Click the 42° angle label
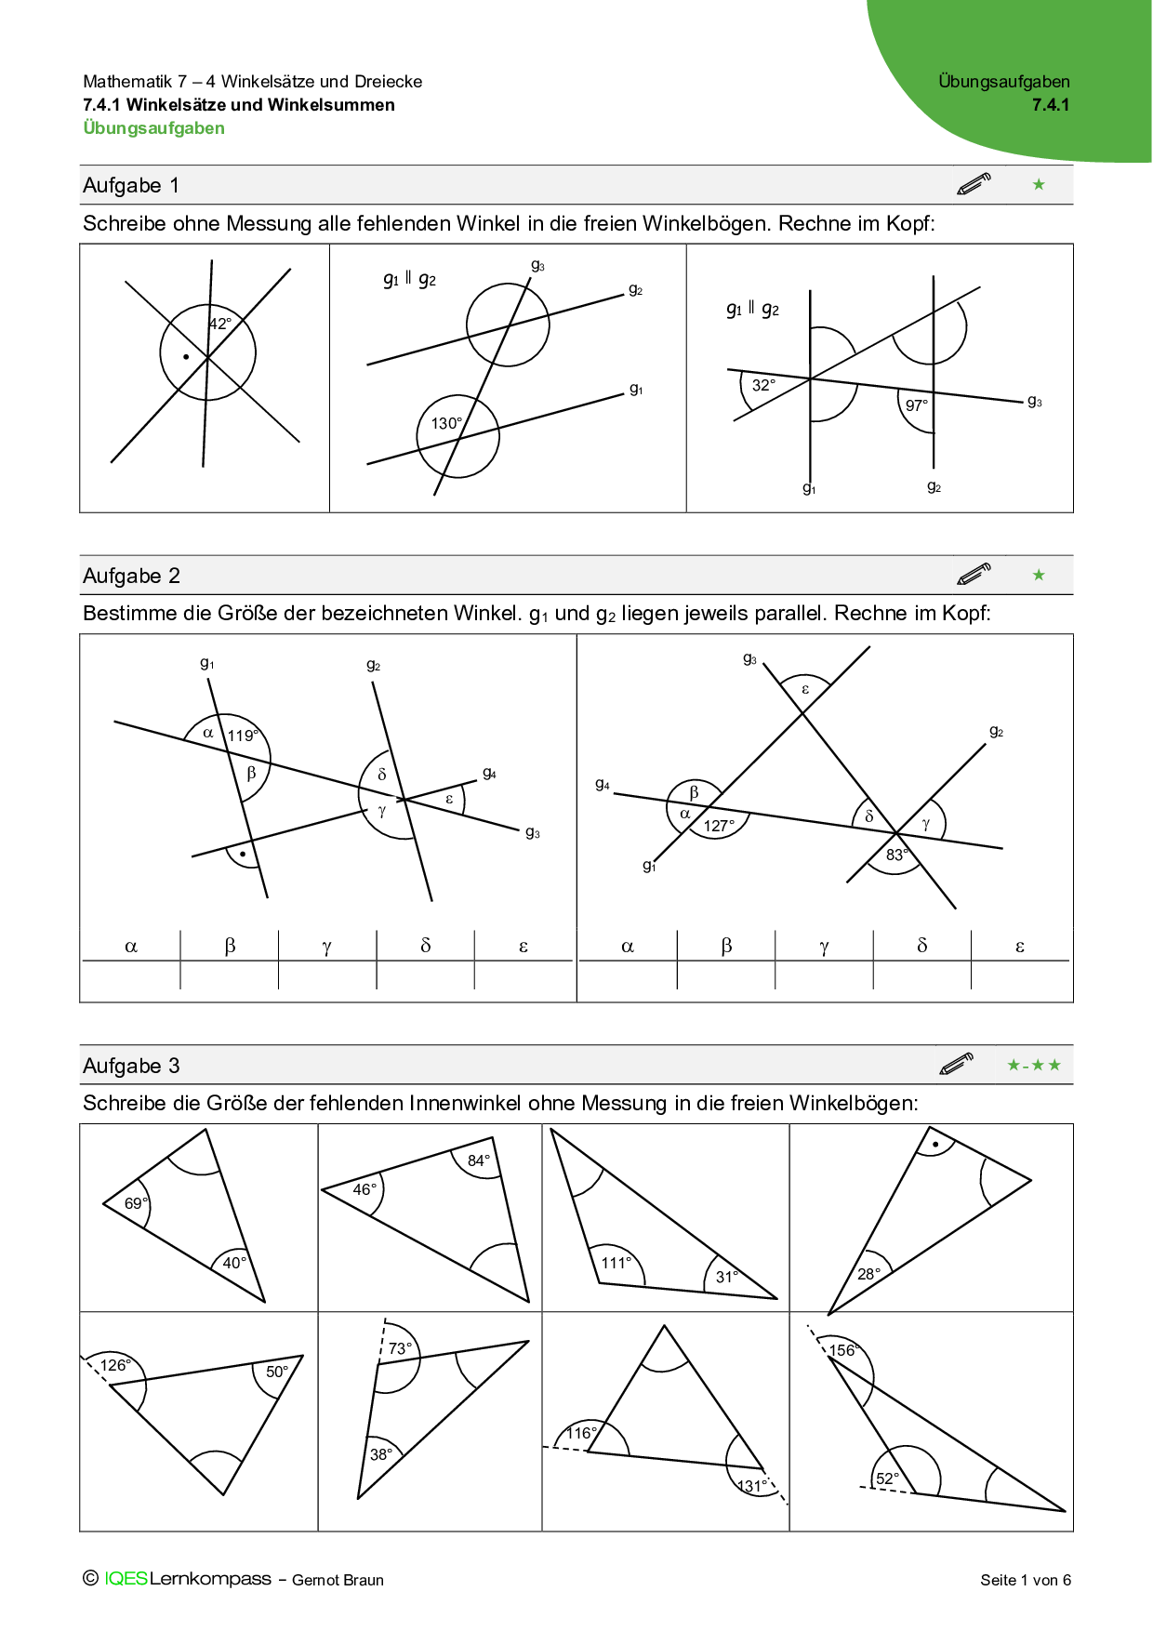click(x=220, y=325)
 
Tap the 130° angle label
click(x=446, y=424)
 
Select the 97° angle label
click(x=917, y=405)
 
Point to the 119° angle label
click(x=243, y=736)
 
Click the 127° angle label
click(x=719, y=826)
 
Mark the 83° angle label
click(x=896, y=855)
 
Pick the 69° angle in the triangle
click(x=136, y=1203)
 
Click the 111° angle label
click(x=616, y=1263)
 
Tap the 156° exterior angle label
click(x=842, y=1350)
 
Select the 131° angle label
click(x=751, y=1486)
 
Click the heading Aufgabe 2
click(x=131, y=576)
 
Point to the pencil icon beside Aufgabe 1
click(x=974, y=184)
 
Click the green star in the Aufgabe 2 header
click(x=1039, y=576)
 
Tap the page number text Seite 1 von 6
click(x=1025, y=1580)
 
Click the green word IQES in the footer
click(x=126, y=1579)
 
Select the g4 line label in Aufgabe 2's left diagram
click(x=489, y=773)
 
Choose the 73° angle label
click(x=400, y=1348)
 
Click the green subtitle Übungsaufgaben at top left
click(x=153, y=128)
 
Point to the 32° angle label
click(x=763, y=385)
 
